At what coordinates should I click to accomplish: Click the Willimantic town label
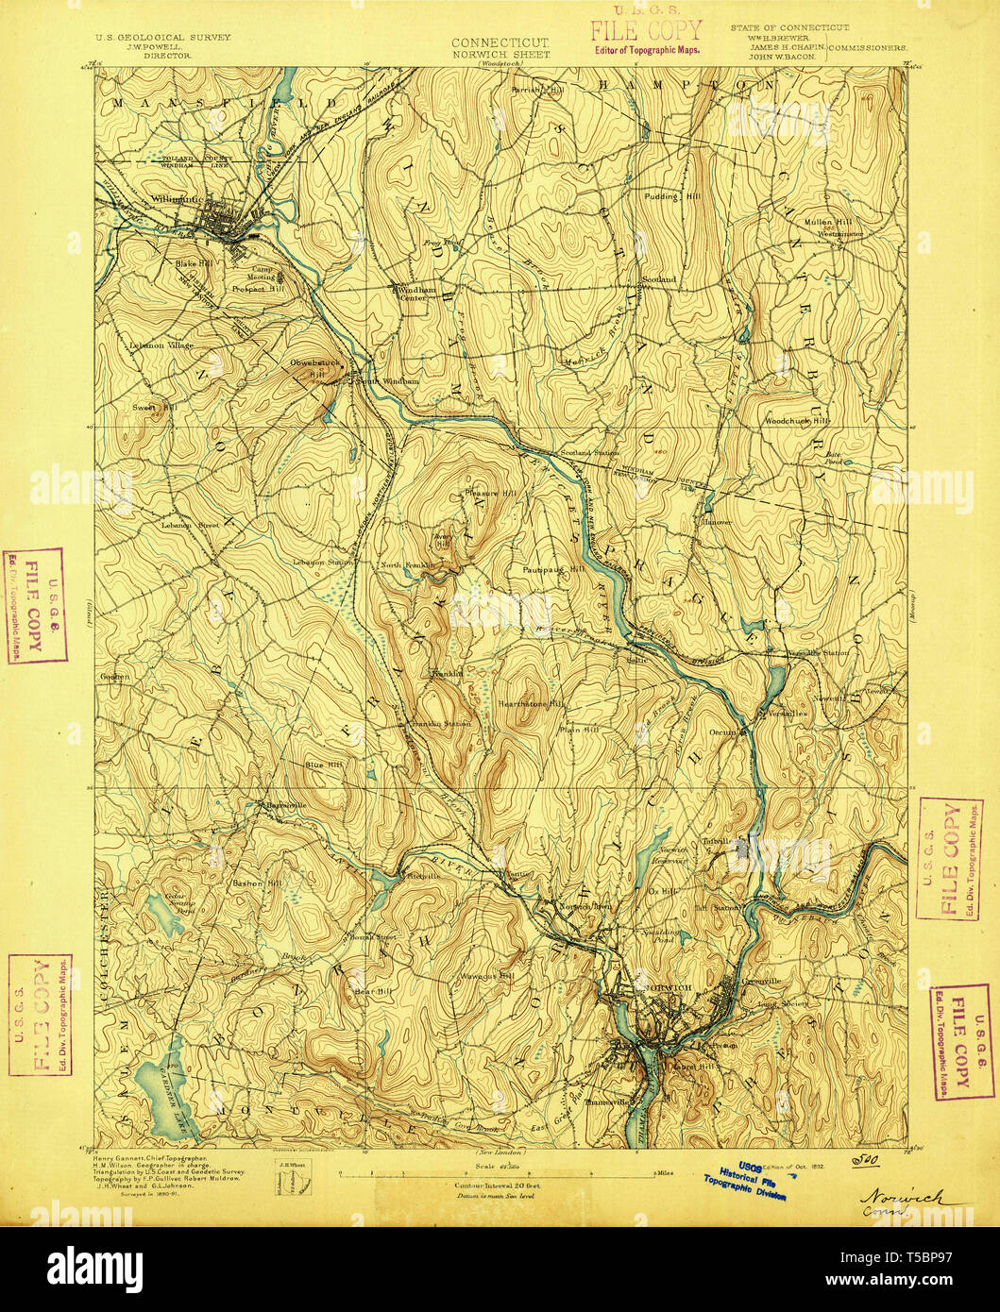[176, 199]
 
